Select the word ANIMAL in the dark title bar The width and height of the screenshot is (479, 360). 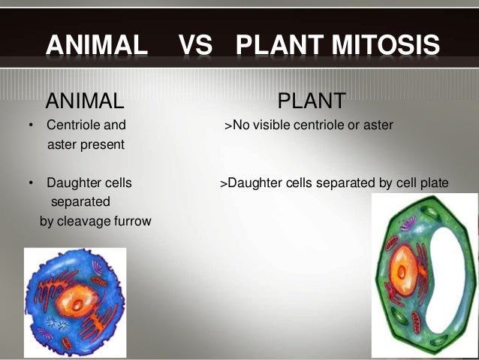97,47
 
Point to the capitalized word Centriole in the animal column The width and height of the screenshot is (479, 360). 74,125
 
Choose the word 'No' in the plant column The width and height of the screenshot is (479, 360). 242,125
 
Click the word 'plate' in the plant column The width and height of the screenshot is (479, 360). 434,183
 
